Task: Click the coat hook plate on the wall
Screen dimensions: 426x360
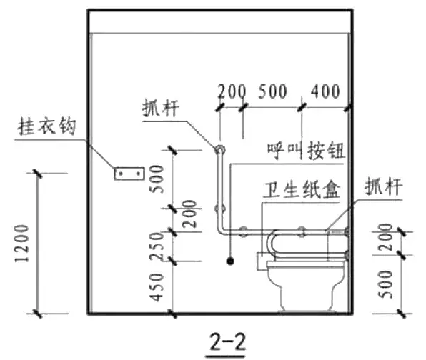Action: point(129,174)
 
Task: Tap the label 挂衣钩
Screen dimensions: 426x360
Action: point(46,126)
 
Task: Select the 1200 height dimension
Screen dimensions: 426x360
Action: point(21,244)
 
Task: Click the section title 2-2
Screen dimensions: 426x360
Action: point(228,342)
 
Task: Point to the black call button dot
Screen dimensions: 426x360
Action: point(230,261)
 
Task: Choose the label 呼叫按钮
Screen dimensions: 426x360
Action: point(306,151)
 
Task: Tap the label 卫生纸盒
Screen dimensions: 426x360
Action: point(302,189)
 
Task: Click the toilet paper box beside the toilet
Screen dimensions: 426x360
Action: point(262,261)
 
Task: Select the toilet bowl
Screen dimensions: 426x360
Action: point(306,286)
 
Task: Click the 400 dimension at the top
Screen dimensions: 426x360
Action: point(325,91)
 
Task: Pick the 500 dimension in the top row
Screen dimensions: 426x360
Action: point(272,91)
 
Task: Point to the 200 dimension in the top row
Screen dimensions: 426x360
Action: point(232,91)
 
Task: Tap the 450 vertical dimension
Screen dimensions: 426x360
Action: point(157,288)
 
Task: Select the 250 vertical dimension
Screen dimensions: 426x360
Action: point(157,246)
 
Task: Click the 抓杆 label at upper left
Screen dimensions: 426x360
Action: point(161,108)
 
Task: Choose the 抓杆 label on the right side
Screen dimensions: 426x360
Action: point(383,186)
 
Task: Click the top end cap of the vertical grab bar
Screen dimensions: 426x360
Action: point(220,149)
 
